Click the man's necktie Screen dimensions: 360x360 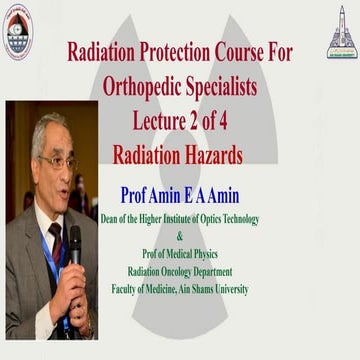(55, 246)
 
